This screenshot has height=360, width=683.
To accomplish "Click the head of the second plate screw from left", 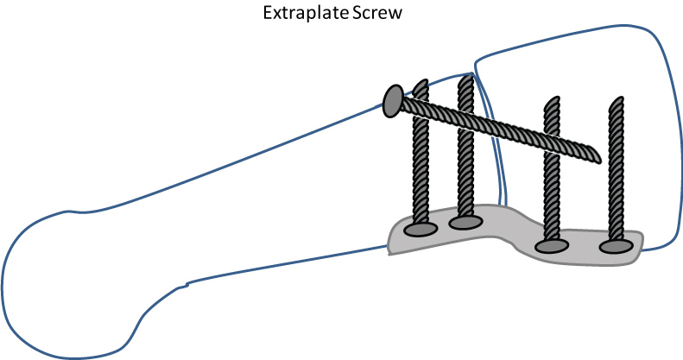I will (465, 223).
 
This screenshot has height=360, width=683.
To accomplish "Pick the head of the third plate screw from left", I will (550, 246).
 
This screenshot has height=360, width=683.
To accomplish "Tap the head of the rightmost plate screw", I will (616, 247).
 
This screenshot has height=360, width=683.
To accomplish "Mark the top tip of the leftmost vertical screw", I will (421, 85).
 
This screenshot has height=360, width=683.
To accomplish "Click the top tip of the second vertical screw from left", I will (465, 79).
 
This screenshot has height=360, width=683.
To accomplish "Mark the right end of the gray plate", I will (640, 245).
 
